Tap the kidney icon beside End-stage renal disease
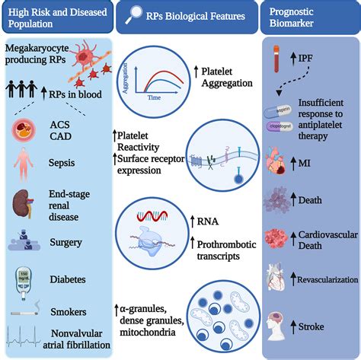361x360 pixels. tap(23, 203)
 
